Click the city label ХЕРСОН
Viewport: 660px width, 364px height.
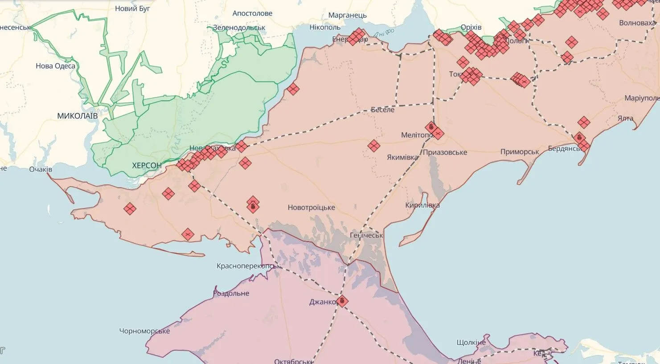coord(147,166)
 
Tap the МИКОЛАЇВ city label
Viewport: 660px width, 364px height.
coord(77,116)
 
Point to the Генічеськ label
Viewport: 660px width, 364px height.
coord(366,235)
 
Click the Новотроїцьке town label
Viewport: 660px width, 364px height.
coord(311,208)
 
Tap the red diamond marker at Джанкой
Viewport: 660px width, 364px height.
coord(342,301)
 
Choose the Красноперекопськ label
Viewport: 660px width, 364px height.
coord(248,266)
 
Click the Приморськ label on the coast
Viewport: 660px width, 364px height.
coord(519,152)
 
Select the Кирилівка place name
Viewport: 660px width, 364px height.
coord(422,205)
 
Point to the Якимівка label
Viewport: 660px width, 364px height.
coord(402,157)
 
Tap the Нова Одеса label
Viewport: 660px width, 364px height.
coord(55,66)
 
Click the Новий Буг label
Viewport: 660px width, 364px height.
coord(132,8)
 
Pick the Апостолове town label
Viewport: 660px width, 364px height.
coord(252,13)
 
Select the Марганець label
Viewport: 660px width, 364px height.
coord(347,16)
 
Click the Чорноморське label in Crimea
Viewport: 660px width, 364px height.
coord(144,331)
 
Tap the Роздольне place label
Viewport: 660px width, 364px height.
coord(231,294)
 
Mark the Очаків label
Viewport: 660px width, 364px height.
coord(41,170)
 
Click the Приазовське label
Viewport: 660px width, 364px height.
coord(445,152)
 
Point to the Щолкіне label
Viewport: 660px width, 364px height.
coord(471,343)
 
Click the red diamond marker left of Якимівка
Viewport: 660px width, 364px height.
coord(373,146)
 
